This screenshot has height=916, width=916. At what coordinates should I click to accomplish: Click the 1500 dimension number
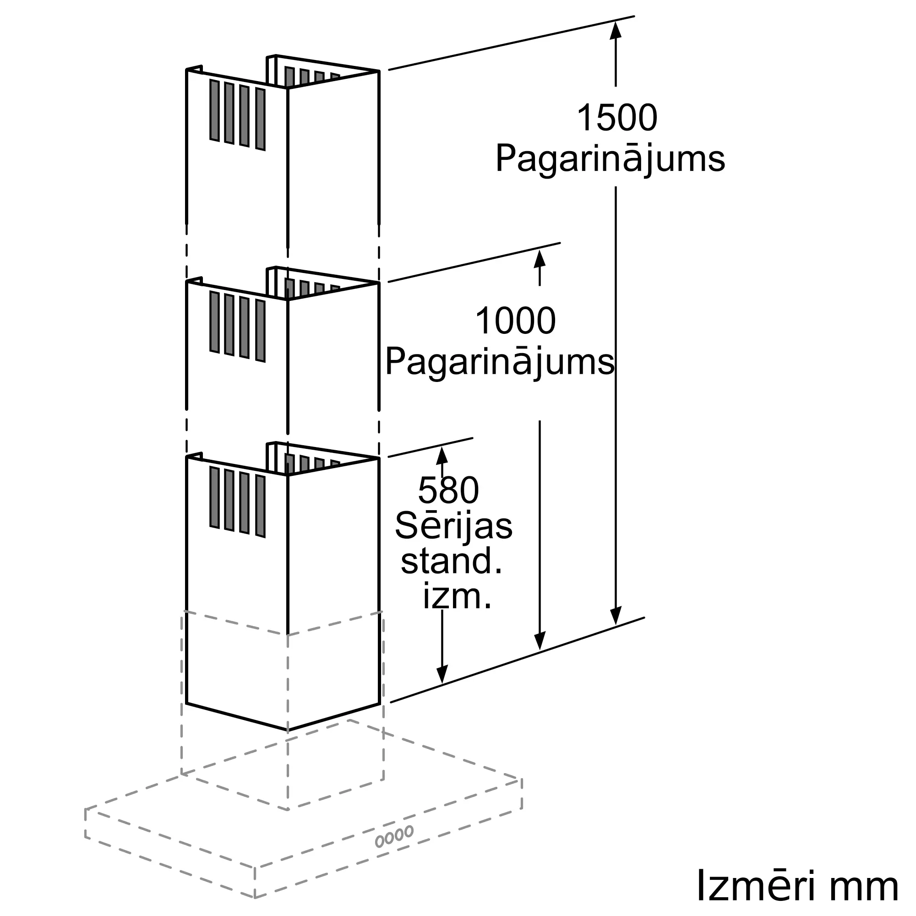click(616, 118)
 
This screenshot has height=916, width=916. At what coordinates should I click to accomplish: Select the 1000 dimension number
click(515, 321)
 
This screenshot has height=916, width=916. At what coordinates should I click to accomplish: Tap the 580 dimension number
click(448, 490)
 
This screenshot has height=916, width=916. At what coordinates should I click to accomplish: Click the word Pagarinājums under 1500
click(610, 159)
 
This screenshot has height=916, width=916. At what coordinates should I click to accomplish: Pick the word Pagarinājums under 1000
click(499, 362)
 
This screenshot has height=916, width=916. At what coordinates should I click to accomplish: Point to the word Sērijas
click(453, 526)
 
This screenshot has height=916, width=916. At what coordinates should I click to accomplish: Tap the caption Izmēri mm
click(797, 886)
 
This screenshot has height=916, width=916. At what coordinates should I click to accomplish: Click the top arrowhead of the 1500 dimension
click(616, 29)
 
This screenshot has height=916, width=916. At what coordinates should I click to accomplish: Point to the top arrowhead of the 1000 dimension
click(540, 258)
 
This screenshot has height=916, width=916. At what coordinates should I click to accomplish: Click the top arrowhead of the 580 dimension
click(442, 455)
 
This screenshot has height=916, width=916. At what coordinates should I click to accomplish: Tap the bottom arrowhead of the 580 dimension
click(442, 674)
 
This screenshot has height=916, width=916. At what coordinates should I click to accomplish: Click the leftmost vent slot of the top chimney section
click(214, 110)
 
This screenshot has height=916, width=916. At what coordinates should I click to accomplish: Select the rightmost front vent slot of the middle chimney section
click(260, 331)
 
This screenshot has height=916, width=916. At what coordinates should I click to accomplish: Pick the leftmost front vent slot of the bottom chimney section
click(214, 497)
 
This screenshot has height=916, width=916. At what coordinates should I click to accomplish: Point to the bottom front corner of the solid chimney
click(287, 730)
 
